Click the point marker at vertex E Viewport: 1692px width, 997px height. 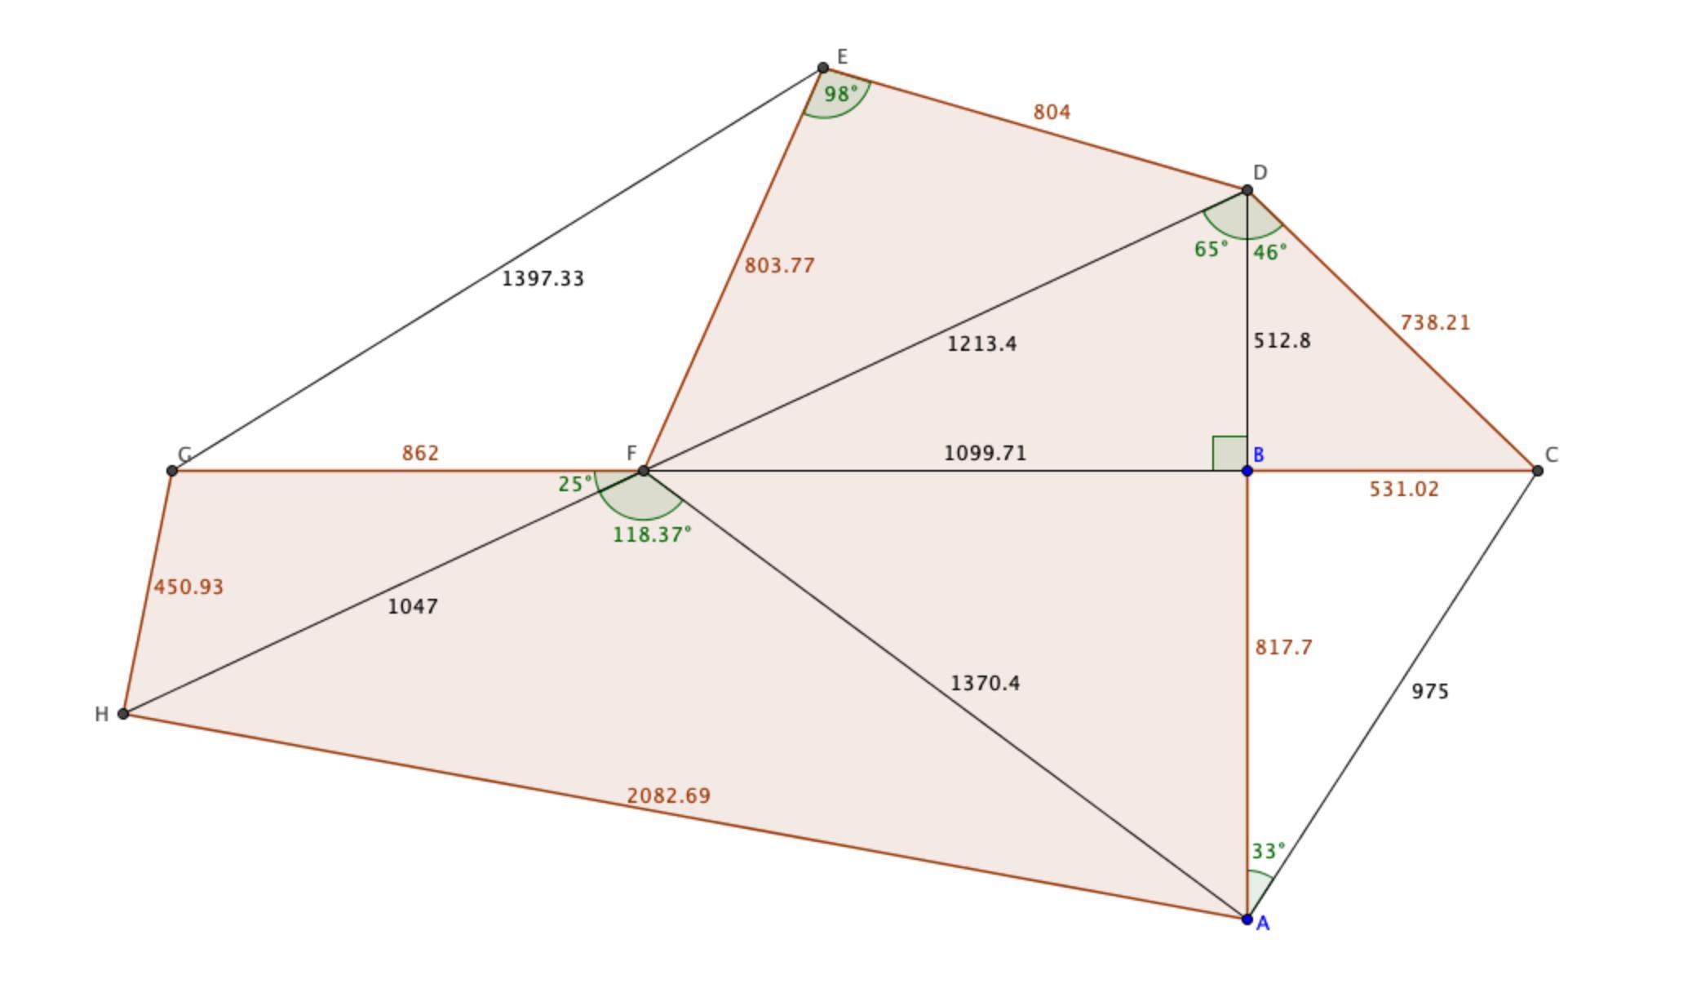coord(823,68)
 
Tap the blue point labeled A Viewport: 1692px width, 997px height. coord(1247,919)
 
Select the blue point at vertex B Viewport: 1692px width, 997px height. coord(1247,471)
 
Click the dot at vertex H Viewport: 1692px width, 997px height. coord(123,714)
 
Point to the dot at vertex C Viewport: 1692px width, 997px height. coord(1538,471)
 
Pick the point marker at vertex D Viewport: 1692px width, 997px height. coord(1247,190)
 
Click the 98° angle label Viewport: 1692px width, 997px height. coord(841,95)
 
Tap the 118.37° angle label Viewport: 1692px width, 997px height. coord(652,535)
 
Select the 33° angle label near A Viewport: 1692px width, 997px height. coord(1268,852)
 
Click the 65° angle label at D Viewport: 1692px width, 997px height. coord(1211,250)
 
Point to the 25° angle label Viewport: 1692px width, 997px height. coord(575,485)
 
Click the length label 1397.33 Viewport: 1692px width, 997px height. coord(543,279)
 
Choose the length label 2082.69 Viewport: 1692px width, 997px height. coord(668,795)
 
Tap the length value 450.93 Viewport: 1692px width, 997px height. coord(188,587)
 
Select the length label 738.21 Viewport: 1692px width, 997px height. coord(1435,323)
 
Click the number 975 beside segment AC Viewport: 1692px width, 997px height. coord(1430,692)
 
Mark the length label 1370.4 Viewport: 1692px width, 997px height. coord(985,684)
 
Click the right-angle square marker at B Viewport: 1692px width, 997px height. coord(1229,454)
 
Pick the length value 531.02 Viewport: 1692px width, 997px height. coord(1403,490)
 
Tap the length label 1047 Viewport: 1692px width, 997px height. coord(413,607)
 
